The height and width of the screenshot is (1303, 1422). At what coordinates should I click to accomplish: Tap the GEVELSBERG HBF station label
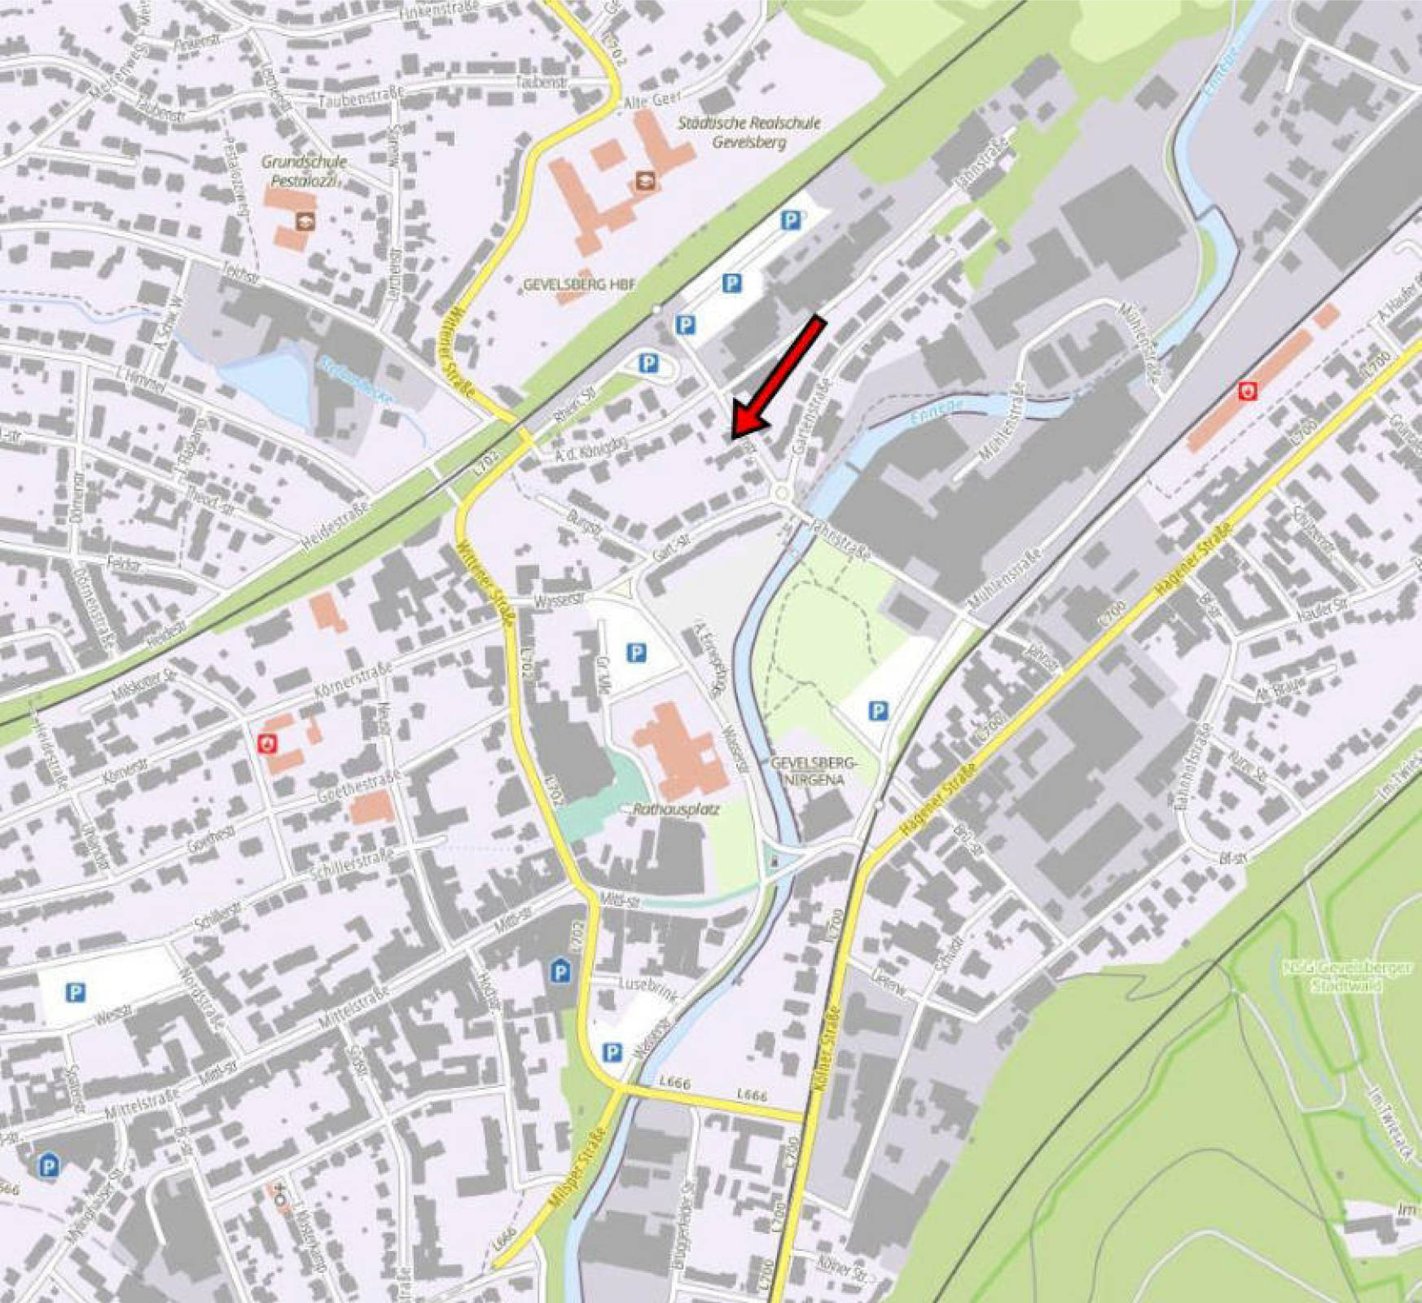tap(578, 285)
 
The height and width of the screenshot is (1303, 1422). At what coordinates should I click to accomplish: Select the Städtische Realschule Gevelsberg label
tap(749, 133)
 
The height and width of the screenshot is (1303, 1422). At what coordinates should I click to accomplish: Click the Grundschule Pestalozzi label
tap(305, 171)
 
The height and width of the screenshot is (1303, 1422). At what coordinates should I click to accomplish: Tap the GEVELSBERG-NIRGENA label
tap(814, 770)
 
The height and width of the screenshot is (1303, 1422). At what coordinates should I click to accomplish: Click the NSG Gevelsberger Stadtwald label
tap(1348, 976)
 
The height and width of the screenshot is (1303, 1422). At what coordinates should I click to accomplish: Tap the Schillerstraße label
tap(352, 863)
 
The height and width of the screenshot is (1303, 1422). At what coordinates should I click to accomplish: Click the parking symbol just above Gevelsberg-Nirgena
tap(877, 711)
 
